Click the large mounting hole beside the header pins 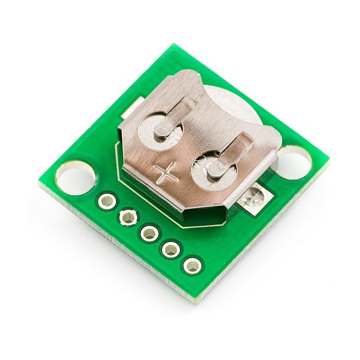pos(76,177)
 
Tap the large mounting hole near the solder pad pos(295,161)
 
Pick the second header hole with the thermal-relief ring pos(128,217)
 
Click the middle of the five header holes pos(149,232)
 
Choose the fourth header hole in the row pos(170,248)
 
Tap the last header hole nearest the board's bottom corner pos(192,265)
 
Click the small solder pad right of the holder pos(254,197)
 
